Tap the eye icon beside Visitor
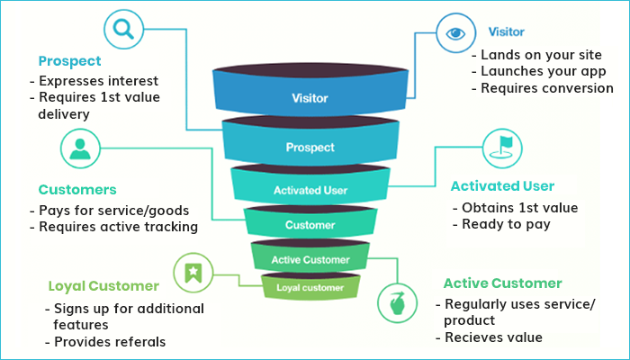coord(454,33)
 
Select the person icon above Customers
coord(79,148)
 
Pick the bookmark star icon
coord(192,271)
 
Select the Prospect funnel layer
coord(310,146)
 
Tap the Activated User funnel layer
coord(310,190)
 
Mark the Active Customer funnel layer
coord(310,259)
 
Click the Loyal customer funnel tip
coord(310,288)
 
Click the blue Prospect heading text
coord(68,61)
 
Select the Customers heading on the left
coord(77,190)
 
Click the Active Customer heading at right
coord(502,283)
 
